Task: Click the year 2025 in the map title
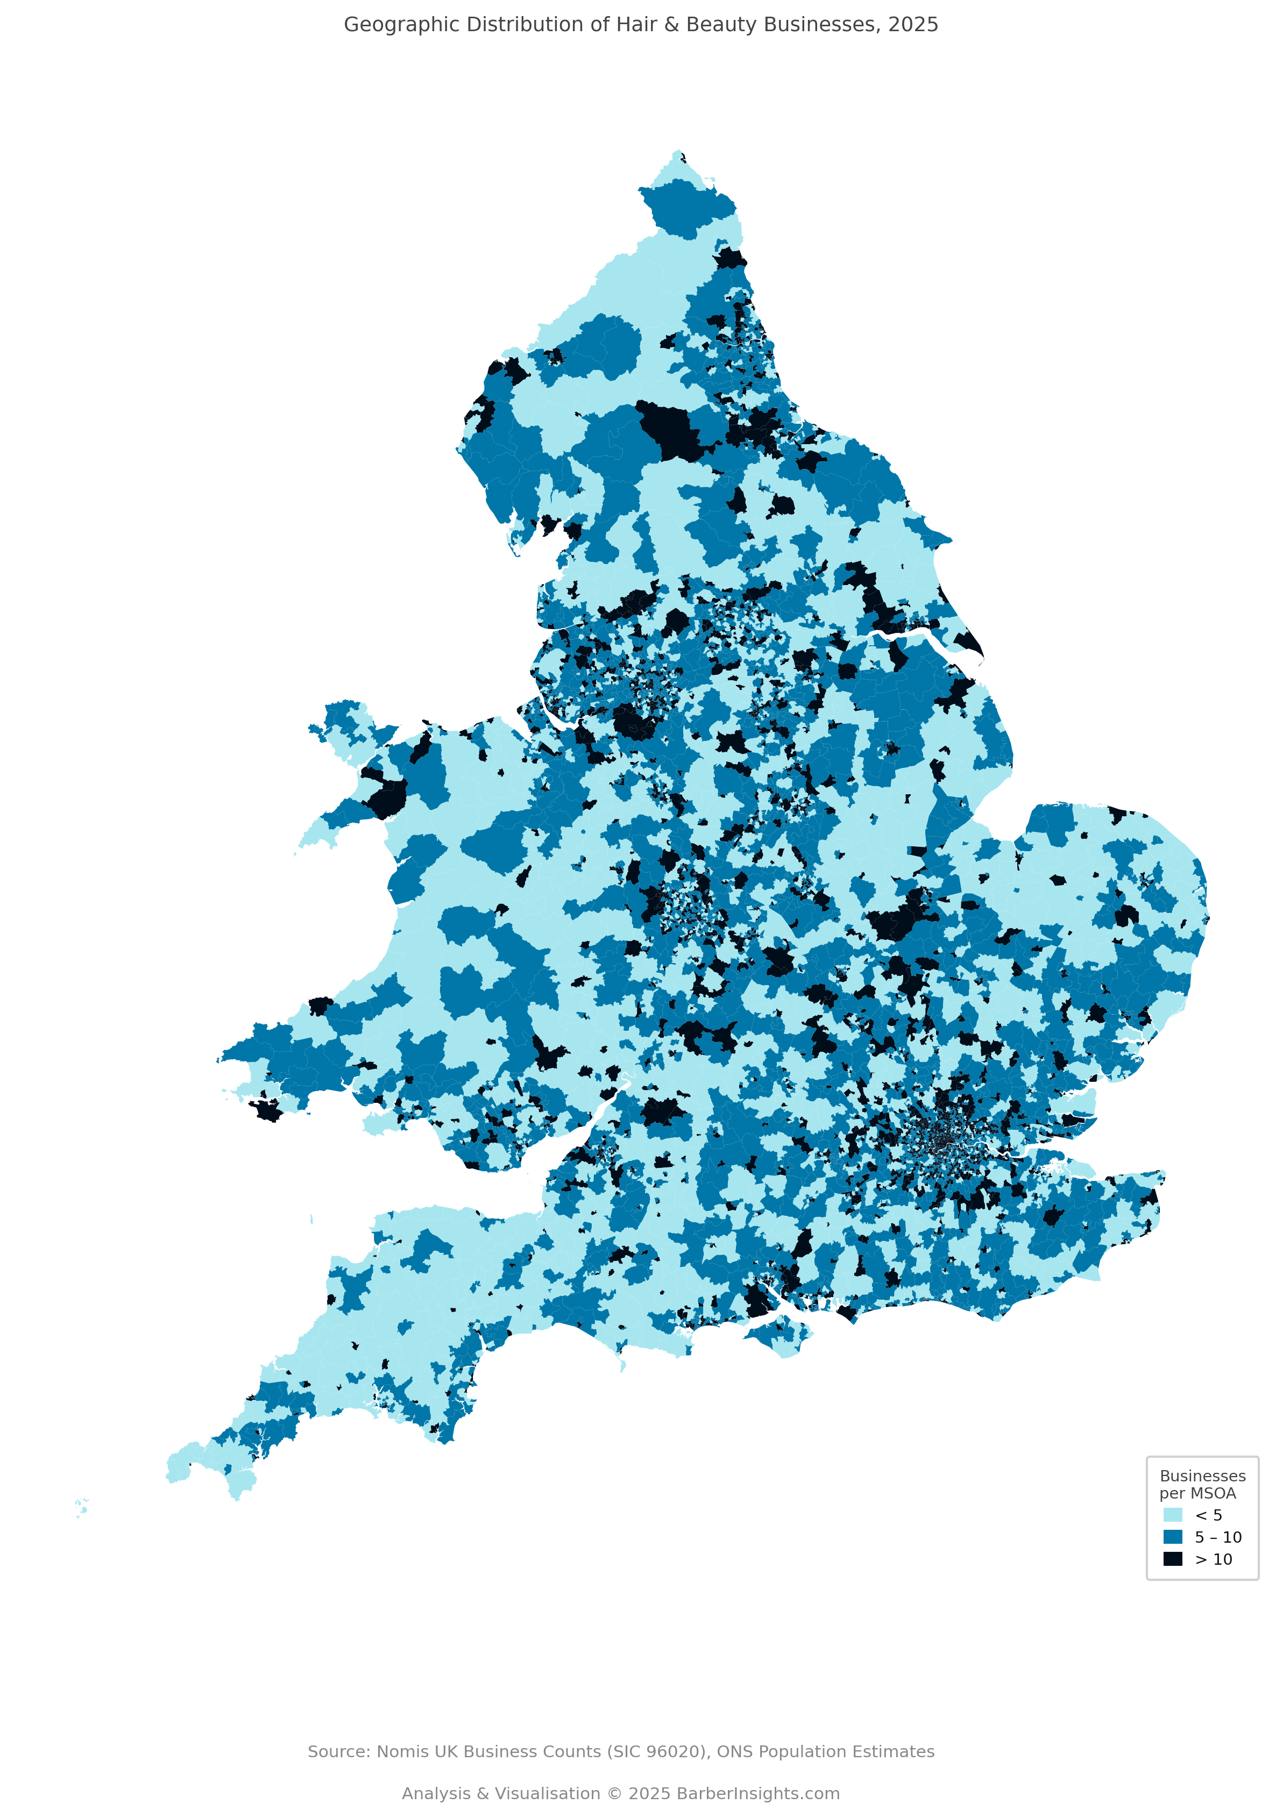[912, 25]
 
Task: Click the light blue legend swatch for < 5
[1172, 1515]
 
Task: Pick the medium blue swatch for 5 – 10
[1172, 1537]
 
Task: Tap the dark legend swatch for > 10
[1172, 1559]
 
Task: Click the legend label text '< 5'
[1209, 1515]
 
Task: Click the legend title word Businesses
[1202, 1476]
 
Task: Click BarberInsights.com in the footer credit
[758, 1793]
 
